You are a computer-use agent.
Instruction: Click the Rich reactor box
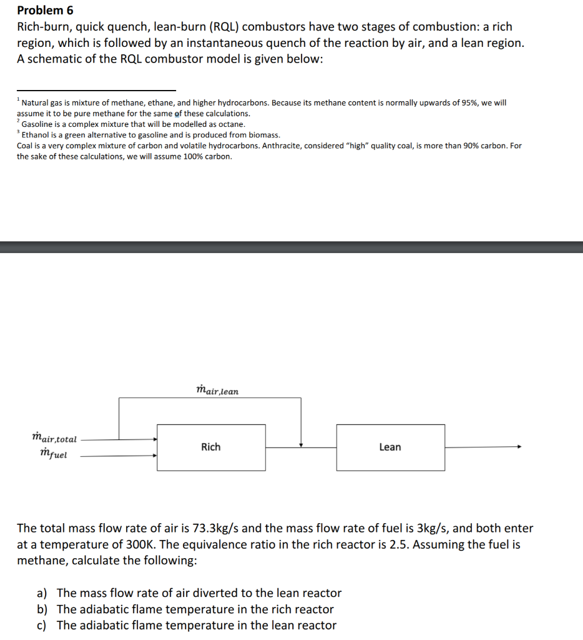click(210, 447)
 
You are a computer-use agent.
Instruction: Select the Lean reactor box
click(390, 447)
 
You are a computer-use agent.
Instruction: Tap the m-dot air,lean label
click(217, 391)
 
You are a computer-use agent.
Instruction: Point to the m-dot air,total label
click(54, 439)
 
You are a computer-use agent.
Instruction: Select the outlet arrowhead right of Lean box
click(517, 447)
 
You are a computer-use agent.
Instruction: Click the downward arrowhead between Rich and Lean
click(301, 444)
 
